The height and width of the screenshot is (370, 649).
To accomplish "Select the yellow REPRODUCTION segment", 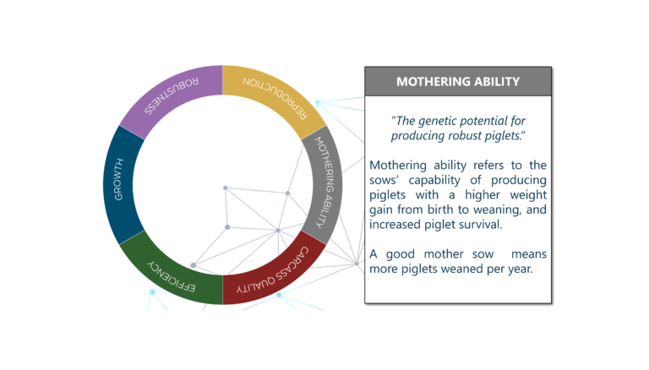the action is (275, 96).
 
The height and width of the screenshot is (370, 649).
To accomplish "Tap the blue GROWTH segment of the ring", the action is (119, 185).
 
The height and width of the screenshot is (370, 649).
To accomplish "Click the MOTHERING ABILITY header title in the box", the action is (458, 82).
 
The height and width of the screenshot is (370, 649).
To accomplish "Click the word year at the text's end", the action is (521, 269).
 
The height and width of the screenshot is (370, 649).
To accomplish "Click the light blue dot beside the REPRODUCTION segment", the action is (318, 102).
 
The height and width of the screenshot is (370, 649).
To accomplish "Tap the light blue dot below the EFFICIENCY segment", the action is (152, 291).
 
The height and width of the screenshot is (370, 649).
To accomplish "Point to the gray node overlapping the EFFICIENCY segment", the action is (194, 265).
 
